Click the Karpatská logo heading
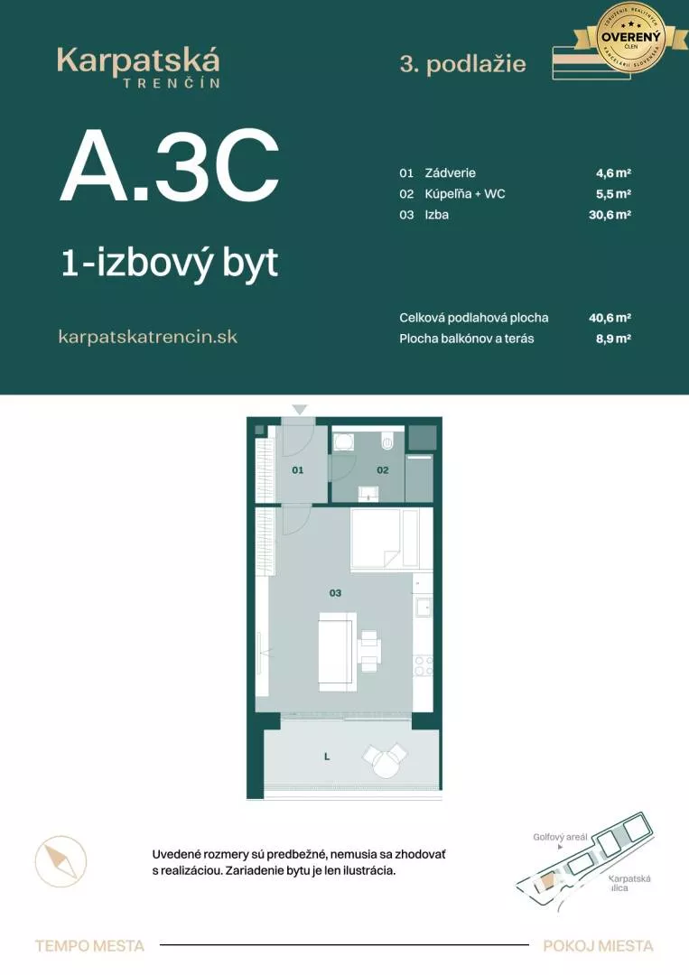pos(138,61)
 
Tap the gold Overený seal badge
pos(632,37)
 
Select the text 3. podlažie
pos(462,64)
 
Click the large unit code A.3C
pos(169,167)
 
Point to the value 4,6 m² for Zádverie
pos(611,172)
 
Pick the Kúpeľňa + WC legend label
pos(465,194)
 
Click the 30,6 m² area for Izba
pos(609,215)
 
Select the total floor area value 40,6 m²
pos(609,318)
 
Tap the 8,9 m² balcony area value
pos(611,339)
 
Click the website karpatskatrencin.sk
pos(147,337)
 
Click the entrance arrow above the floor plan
pos(300,410)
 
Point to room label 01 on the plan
pos(297,470)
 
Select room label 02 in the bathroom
pos(383,470)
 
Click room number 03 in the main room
pos(335,593)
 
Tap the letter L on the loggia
pos(327,757)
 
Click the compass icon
pos(61,861)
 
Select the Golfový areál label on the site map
pos(560,837)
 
